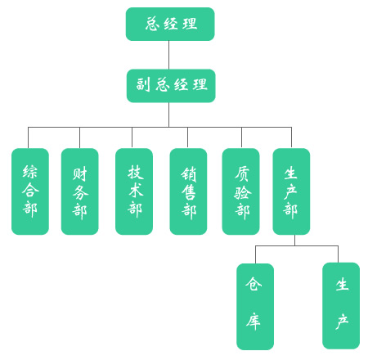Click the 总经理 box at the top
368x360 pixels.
click(170, 24)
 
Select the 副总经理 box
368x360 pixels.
click(171, 86)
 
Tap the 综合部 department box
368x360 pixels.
click(30, 191)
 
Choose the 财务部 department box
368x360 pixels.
click(79, 191)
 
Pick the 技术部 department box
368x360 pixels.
click(134, 191)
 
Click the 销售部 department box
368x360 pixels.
click(188, 191)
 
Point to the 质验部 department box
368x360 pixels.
click(240, 191)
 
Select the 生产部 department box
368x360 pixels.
click(291, 191)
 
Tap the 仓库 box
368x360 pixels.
click(255, 307)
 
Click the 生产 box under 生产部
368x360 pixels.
click(341, 306)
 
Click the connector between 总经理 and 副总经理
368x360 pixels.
click(168, 55)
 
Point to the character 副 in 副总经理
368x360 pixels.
click(143, 84)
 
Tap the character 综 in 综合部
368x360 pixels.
click(30, 172)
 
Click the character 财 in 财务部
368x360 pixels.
click(80, 173)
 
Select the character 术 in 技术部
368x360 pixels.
click(136, 190)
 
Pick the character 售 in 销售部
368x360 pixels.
click(189, 192)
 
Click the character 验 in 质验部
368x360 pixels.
click(243, 192)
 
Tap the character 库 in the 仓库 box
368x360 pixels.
click(254, 321)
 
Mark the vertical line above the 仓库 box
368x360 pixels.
click(255, 254)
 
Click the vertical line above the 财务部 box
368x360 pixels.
click(79, 137)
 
